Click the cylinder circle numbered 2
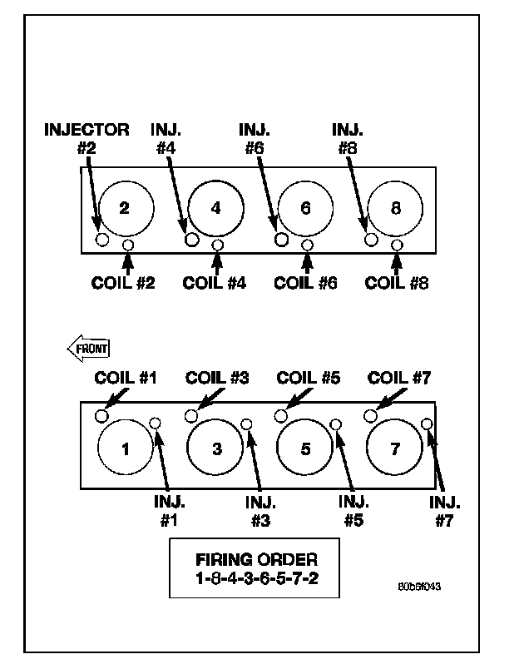coord(126,209)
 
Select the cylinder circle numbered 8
coord(396,209)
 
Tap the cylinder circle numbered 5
coord(305,449)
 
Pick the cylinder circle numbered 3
coord(215,449)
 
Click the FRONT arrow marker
coord(88,349)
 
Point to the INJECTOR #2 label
coord(86,138)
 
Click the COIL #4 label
coord(215,282)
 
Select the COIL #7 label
coord(399,379)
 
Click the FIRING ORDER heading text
coord(255,560)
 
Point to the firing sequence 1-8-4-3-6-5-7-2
coord(255,577)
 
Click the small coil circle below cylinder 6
coord(308,245)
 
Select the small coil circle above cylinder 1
coord(101,415)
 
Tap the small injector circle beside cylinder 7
coord(427,424)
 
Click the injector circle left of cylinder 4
coord(191,240)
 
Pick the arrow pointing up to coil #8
coord(397,262)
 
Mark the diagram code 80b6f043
coord(419,586)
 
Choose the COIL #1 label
coord(126,379)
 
